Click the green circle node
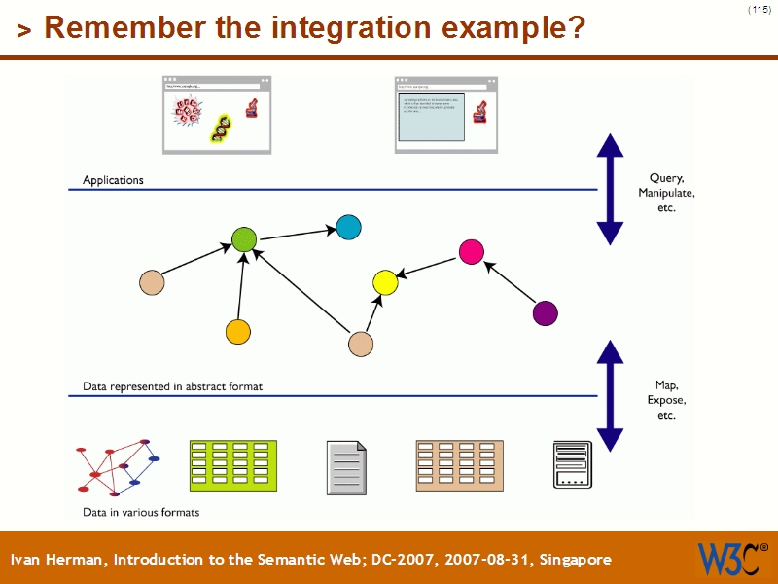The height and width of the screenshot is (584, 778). coord(244,239)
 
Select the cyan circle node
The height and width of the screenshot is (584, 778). coord(348,228)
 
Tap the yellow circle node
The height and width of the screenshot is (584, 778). coord(385,283)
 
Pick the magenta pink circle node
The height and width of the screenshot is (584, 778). coord(472,252)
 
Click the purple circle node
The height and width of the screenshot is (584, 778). coord(546,313)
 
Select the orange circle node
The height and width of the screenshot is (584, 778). coord(238,331)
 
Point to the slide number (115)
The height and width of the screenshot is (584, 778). coord(760,9)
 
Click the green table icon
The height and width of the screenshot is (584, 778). coord(232,465)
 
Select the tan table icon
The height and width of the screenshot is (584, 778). coord(459,465)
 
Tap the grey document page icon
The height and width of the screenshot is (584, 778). coord(347,466)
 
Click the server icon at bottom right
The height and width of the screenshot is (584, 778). coord(572,465)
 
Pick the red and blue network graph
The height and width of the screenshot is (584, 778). coord(117,467)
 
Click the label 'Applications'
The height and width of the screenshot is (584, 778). coord(113,180)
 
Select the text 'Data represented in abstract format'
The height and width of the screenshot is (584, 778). coord(172,386)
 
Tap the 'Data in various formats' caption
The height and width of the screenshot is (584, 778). coord(141,512)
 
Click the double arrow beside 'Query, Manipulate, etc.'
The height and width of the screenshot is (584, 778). coord(610,189)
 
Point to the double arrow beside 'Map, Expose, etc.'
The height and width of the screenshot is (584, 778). coord(610,395)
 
